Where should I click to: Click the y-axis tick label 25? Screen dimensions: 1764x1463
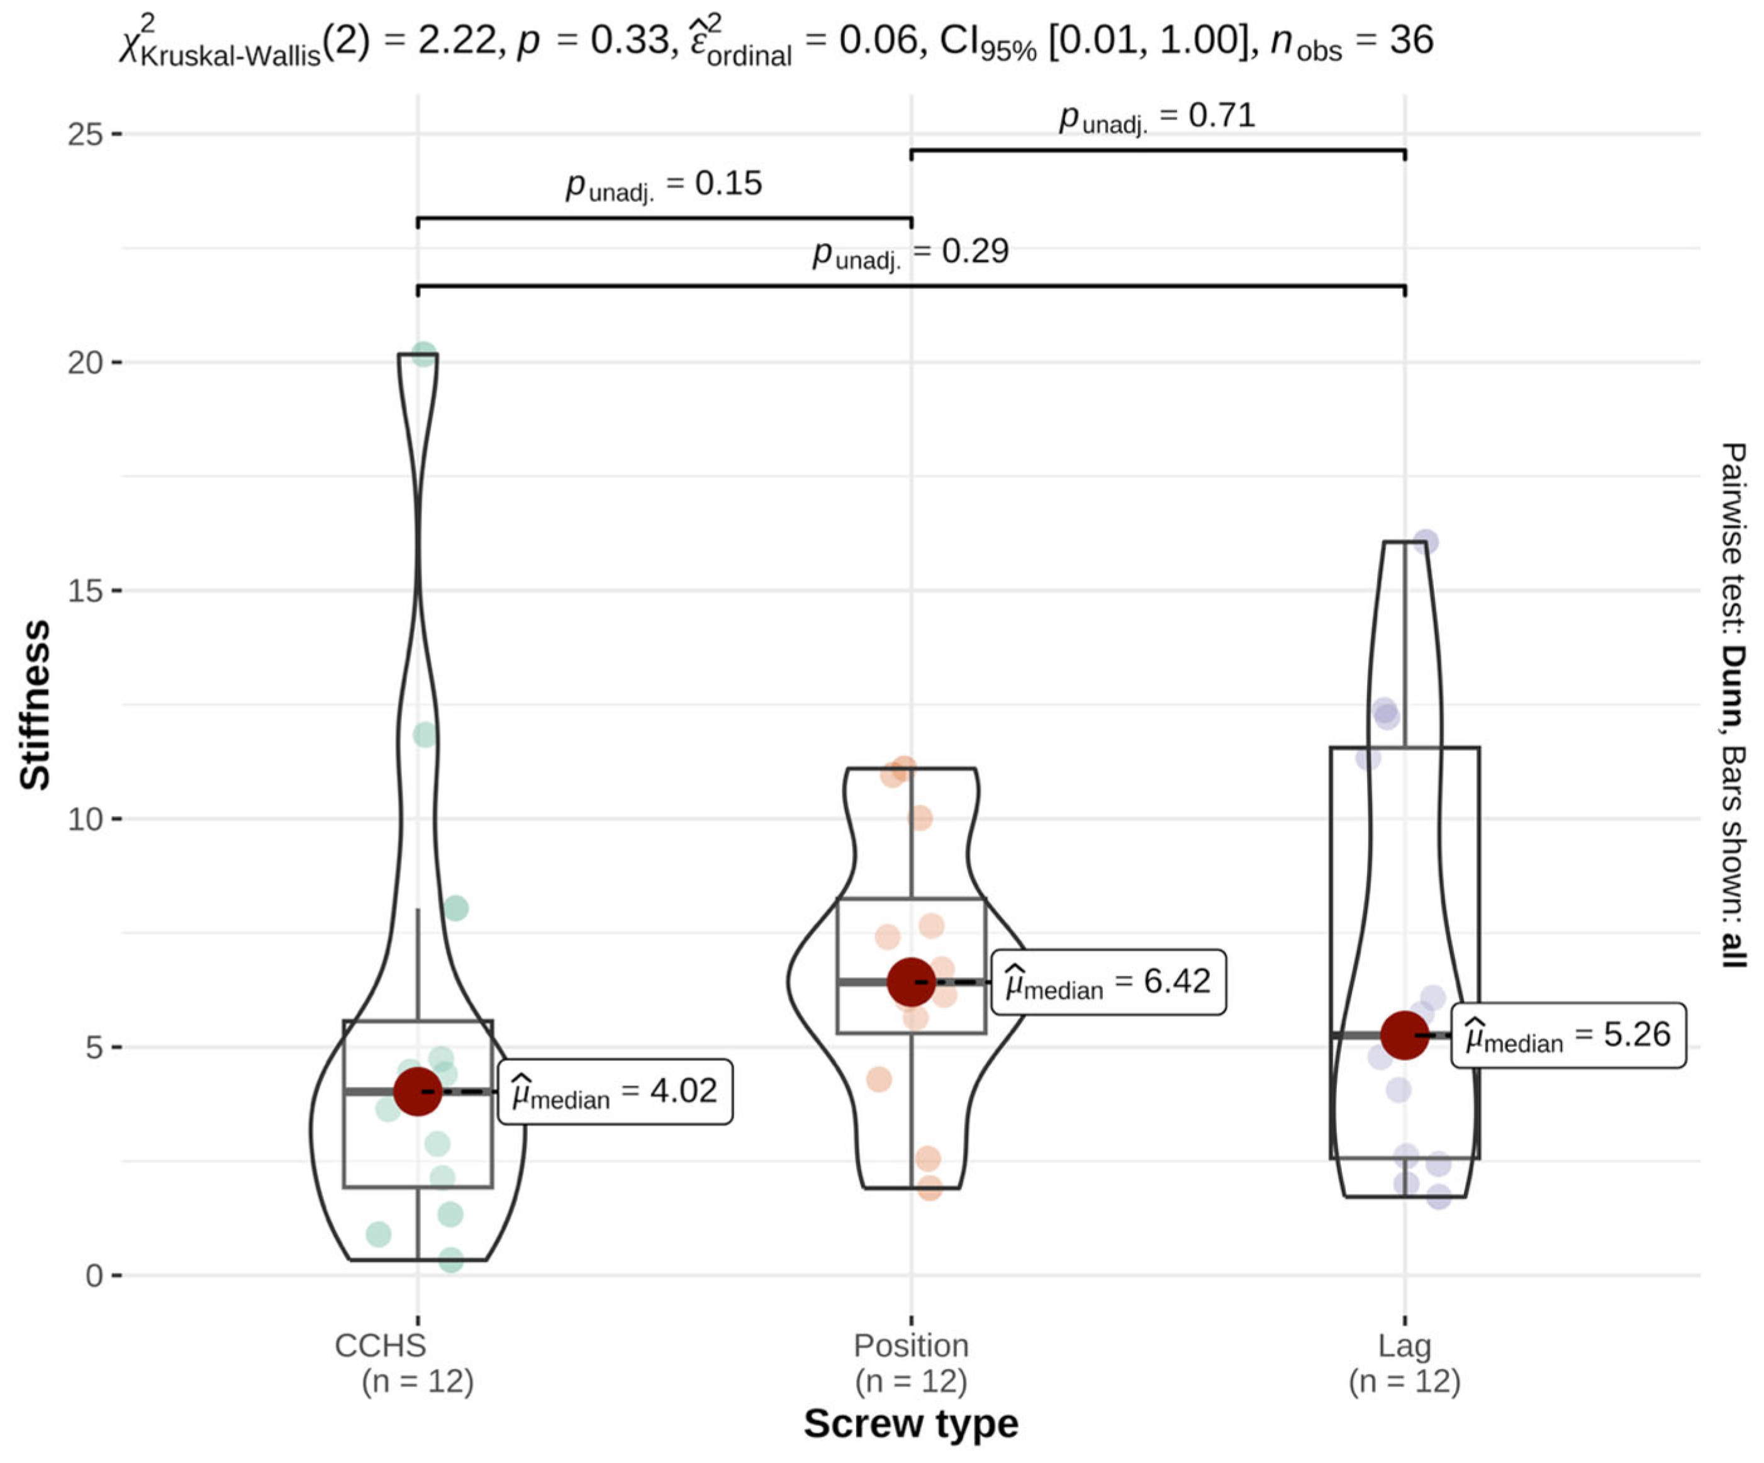pyautogui.click(x=85, y=133)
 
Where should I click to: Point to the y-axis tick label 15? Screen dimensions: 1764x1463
pyautogui.click(x=85, y=590)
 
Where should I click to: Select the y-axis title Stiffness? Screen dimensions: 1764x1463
pyautogui.click(x=35, y=705)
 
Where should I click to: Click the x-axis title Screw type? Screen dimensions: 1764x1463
pyautogui.click(x=912, y=1423)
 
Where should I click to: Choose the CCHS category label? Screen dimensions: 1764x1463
pyautogui.click(x=381, y=1345)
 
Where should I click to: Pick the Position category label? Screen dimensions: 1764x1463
pyautogui.click(x=912, y=1345)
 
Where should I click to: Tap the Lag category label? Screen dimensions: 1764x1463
pyautogui.click(x=1405, y=1346)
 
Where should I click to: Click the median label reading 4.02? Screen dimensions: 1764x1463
pyautogui.click(x=615, y=1092)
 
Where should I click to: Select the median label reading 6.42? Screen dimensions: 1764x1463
pyautogui.click(x=1109, y=982)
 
